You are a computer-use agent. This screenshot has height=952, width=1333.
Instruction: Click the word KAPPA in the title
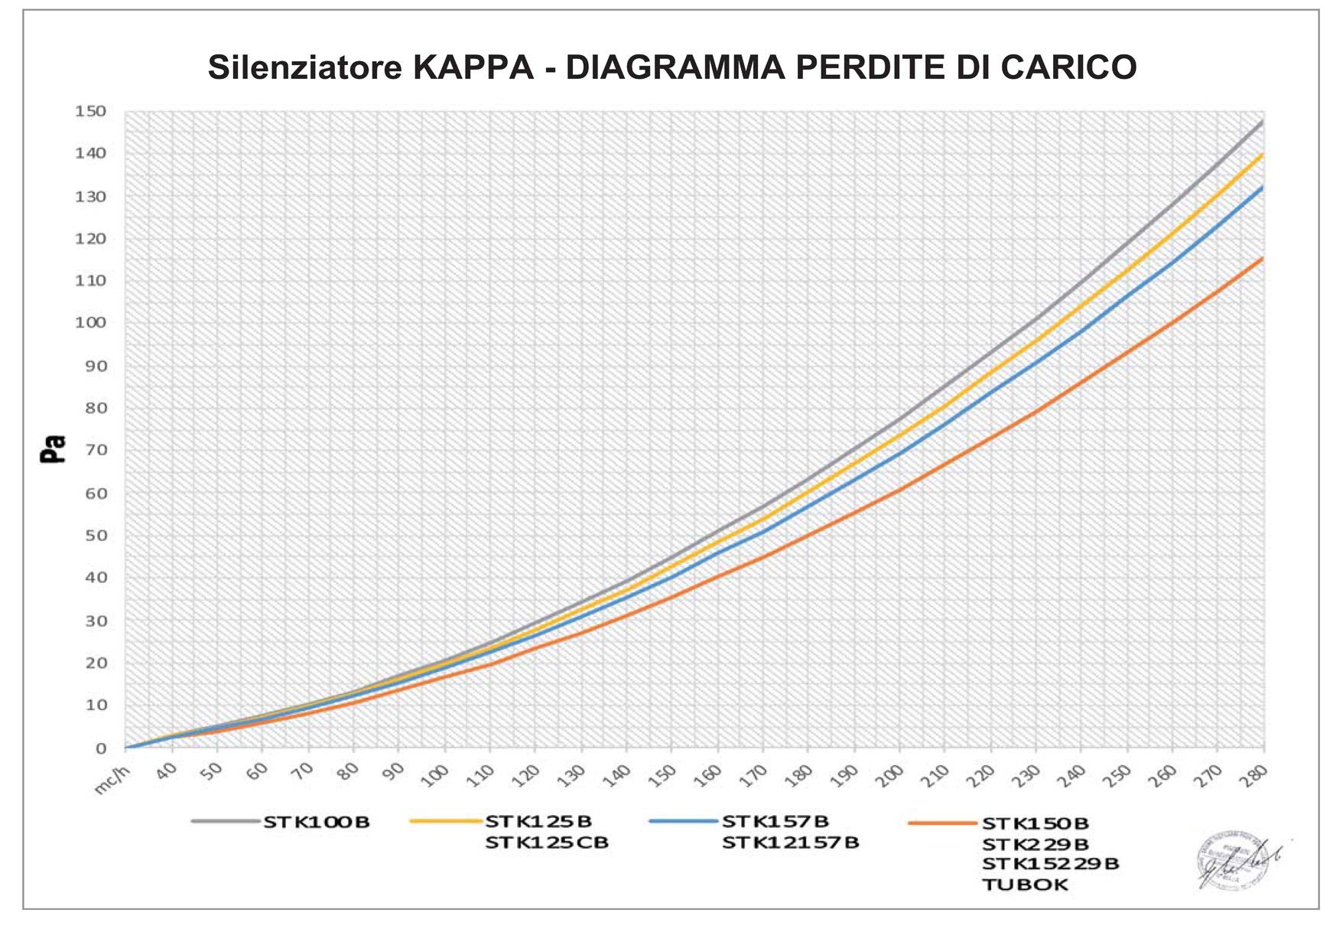pyautogui.click(x=473, y=68)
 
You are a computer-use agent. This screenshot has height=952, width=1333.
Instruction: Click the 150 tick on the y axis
pyautogui.click(x=90, y=112)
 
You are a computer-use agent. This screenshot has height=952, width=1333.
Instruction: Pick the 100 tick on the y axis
pyautogui.click(x=90, y=323)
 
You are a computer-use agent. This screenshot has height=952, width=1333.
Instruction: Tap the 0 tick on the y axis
pyautogui.click(x=101, y=748)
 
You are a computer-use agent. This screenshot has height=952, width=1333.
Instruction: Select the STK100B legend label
pyautogui.click(x=317, y=823)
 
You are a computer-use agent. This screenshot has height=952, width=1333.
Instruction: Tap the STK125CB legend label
pyautogui.click(x=547, y=843)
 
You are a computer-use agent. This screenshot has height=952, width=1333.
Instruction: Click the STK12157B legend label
pyautogui.click(x=791, y=843)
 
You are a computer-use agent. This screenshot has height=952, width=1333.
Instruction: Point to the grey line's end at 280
pyautogui.click(x=1262, y=122)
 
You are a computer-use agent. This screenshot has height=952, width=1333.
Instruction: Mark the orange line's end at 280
pyautogui.click(x=1262, y=259)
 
